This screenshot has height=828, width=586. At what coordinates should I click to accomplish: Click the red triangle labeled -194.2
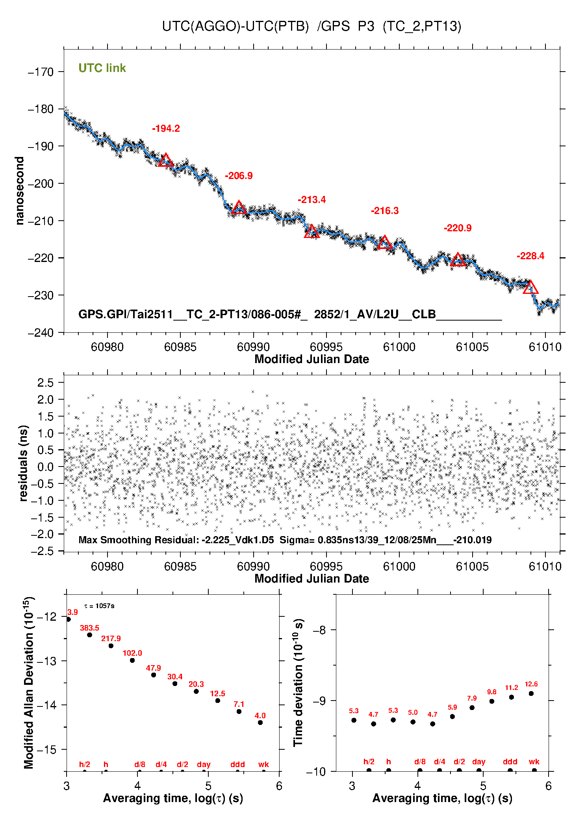coord(165,160)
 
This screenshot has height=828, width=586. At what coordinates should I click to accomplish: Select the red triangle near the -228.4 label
coord(530,288)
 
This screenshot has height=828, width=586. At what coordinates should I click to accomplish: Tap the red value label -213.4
coord(312,200)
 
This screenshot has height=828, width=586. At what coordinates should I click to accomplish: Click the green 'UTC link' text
coord(102,68)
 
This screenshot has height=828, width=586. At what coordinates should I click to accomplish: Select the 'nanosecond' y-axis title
coord(19,191)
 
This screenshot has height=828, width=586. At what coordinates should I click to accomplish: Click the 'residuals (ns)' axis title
coord(23,463)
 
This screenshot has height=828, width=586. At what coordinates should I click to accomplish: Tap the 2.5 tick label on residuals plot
coord(45,383)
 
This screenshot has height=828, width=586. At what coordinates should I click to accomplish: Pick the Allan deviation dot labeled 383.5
coord(89,635)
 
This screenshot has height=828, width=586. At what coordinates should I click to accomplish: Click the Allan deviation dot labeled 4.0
coord(260,723)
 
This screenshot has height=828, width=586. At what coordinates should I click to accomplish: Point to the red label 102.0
coord(132,653)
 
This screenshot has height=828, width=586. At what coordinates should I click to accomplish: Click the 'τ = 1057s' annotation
coord(99,606)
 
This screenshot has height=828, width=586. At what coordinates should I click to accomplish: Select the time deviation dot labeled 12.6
coord(531,693)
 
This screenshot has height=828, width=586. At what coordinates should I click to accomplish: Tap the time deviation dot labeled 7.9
coord(472,708)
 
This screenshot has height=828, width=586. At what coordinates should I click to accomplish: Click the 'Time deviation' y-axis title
coord(298,683)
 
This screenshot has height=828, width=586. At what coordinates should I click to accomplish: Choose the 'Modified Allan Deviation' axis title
coord(29,683)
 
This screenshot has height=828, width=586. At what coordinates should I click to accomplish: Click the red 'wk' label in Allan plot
coord(263,764)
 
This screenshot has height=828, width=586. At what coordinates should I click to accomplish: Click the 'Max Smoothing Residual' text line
coord(285,540)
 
